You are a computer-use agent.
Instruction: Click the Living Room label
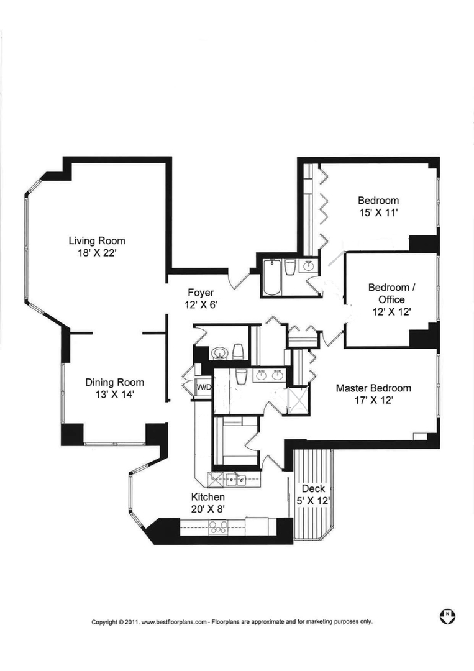point(97,241)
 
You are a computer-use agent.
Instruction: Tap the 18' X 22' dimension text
point(97,253)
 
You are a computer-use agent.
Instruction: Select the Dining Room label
point(115,383)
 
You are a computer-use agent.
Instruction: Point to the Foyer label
point(201,293)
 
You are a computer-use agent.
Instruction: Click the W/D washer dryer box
point(204,387)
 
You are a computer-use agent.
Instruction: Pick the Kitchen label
point(207,498)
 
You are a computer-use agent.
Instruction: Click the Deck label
point(313,490)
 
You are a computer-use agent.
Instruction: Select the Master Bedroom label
point(373,388)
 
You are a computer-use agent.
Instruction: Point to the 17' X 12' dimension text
point(373,401)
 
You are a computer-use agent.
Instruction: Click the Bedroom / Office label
point(389,293)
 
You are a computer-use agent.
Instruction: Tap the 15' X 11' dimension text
point(378,212)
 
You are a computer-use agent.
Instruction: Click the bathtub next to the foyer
point(272,278)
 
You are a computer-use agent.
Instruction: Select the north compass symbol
point(446,616)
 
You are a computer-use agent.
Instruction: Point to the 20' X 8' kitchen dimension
point(207,509)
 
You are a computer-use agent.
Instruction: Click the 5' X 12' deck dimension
point(313,501)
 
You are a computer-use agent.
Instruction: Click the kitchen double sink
point(235,479)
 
